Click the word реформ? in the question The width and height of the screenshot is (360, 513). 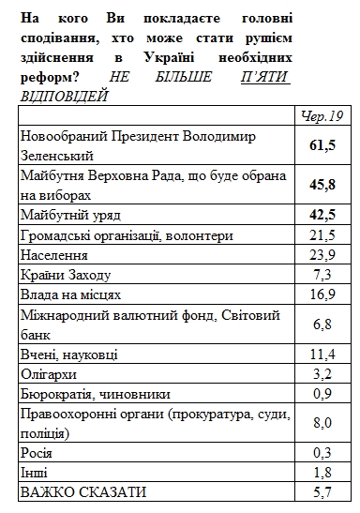pyautogui.click(x=46, y=79)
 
